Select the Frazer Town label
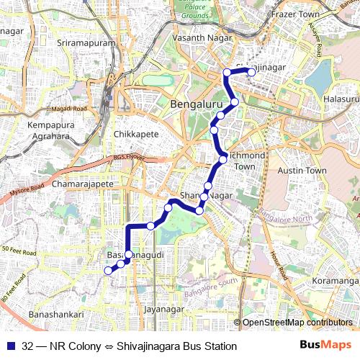coord(294,14)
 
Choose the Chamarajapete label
coord(84,185)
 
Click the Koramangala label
coord(336,281)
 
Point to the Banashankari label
coord(56,315)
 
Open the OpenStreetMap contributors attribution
coord(297,323)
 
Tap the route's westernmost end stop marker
coord(109,271)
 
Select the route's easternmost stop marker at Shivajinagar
coord(251,71)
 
